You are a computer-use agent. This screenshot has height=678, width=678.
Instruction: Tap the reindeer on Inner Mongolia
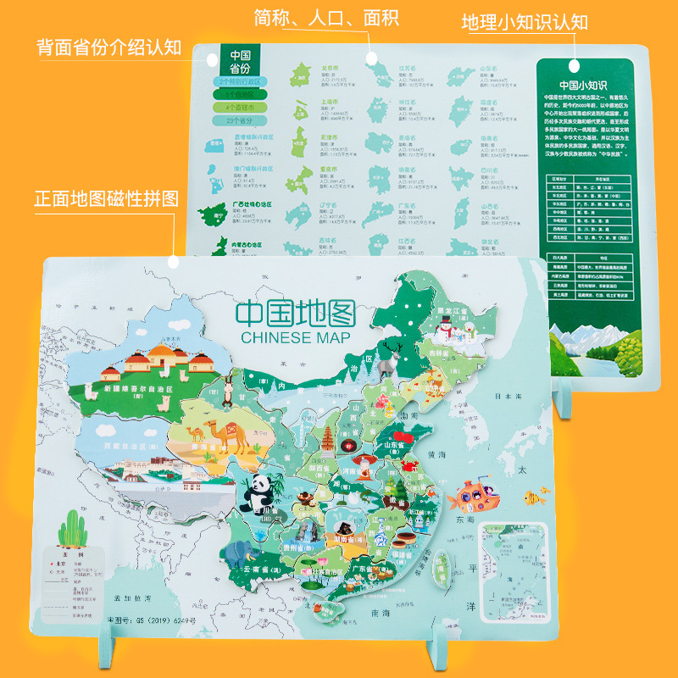pyautogui.click(x=391, y=357)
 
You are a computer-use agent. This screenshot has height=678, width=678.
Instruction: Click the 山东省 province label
pyautogui.click(x=404, y=443)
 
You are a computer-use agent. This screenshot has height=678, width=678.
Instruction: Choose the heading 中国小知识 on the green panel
pyautogui.click(x=585, y=84)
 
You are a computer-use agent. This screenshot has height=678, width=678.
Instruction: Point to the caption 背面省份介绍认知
pyautogui.click(x=108, y=46)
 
